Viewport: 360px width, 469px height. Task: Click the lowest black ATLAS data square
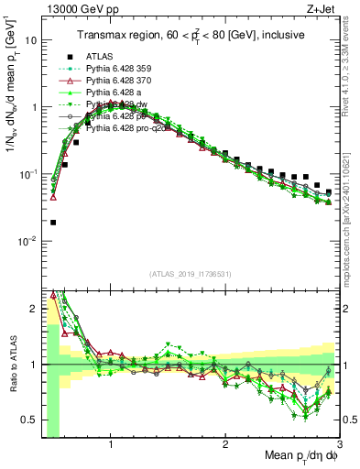tap(53, 223)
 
